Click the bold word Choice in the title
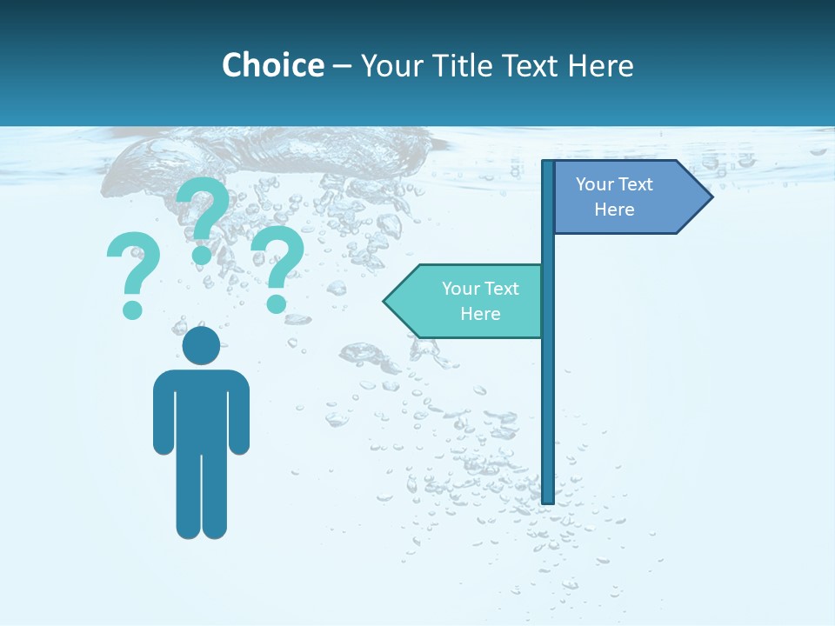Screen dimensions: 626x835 pos(273,65)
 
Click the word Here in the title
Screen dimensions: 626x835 pos(601,65)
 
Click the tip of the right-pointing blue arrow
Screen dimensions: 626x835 pos(711,196)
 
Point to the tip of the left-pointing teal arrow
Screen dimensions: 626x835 pos(385,301)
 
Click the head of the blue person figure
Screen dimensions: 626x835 pos(201,346)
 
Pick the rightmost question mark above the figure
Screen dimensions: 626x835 pos(278,265)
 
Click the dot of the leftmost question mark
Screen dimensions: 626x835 pos(132,310)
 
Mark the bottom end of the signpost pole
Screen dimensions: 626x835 pos(548,500)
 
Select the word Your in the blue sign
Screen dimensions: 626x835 pos(596,184)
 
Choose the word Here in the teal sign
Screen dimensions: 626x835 pos(480,314)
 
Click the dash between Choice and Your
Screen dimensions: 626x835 pos(342,66)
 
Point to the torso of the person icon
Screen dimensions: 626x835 pos(201,409)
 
